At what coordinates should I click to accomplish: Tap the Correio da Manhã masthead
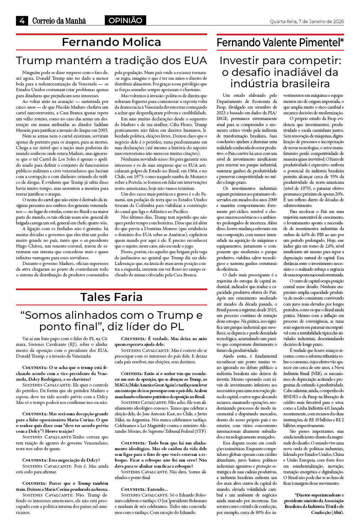click(59, 21)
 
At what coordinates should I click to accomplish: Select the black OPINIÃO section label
click(125, 21)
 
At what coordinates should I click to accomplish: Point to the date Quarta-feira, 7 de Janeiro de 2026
click(307, 21)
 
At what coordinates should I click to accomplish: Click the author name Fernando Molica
click(111, 42)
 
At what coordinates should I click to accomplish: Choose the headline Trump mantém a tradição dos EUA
click(111, 60)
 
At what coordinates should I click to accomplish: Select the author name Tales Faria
click(111, 297)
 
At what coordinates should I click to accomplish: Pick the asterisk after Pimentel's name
click(342, 41)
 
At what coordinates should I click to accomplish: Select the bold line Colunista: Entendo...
click(144, 489)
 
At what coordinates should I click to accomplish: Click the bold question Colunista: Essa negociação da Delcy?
click(61, 460)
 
